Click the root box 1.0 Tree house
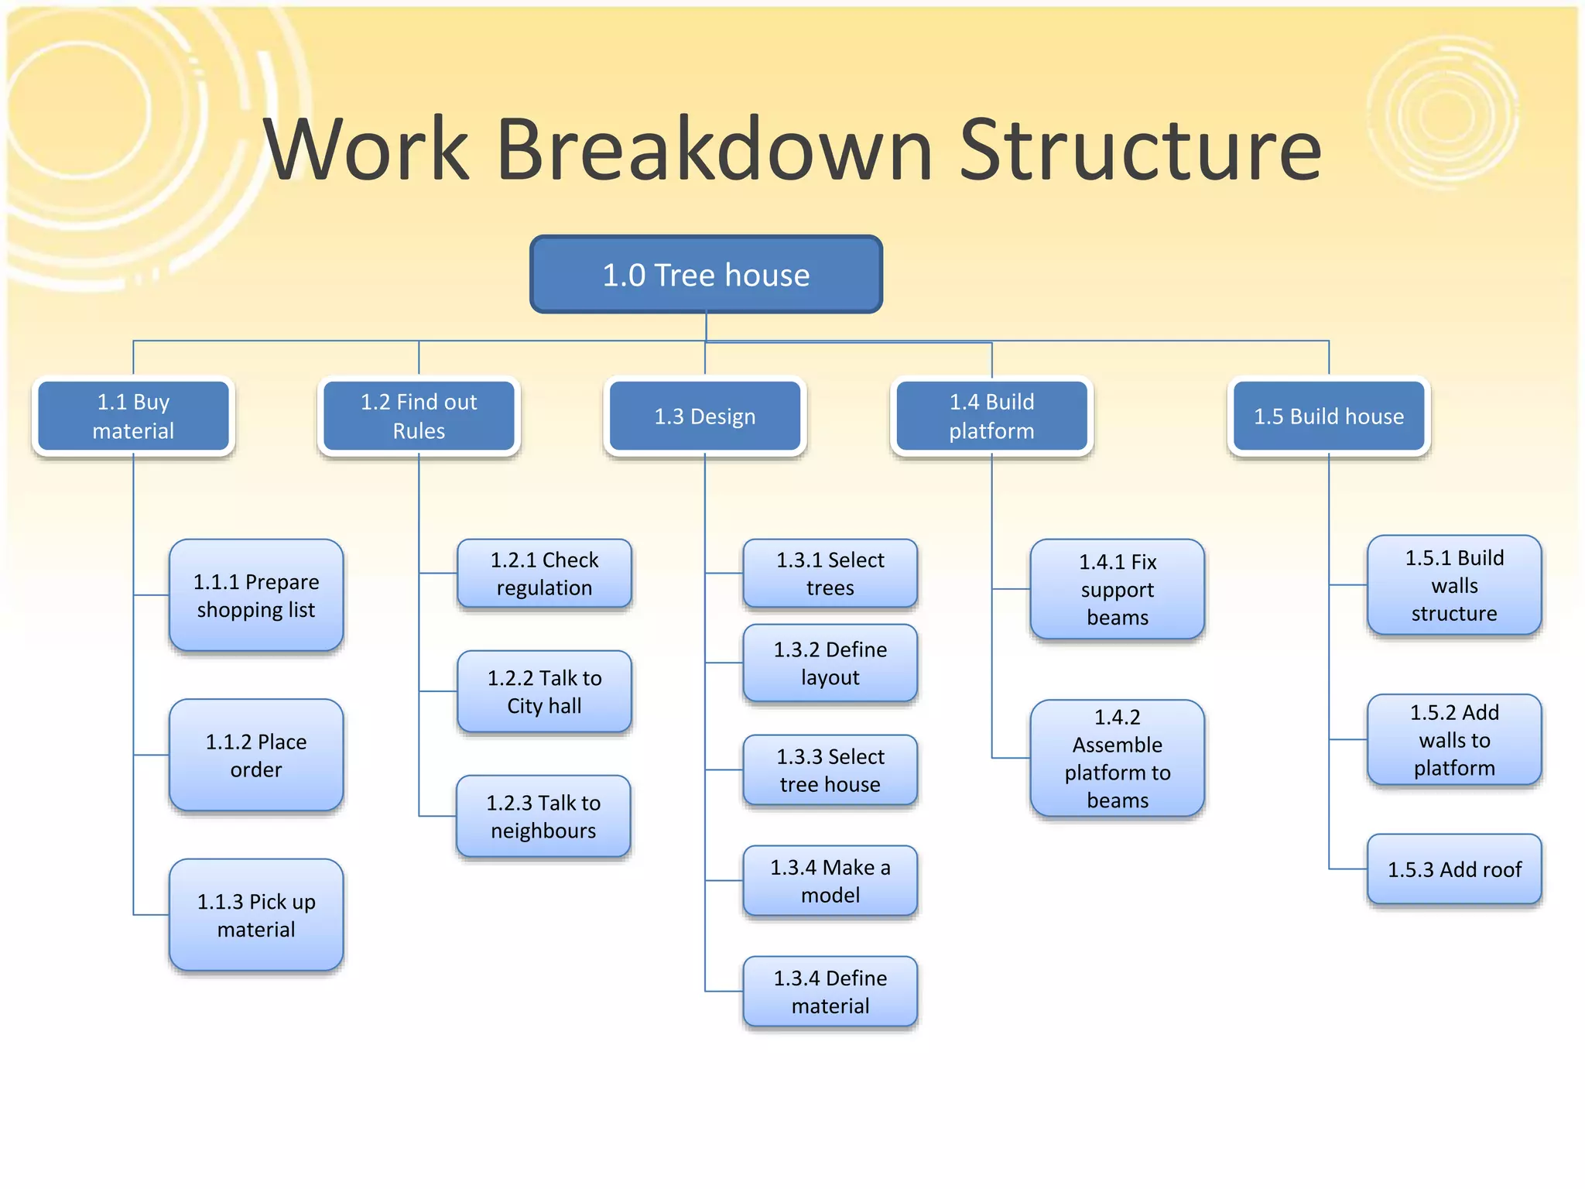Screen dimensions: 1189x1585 [x=706, y=275]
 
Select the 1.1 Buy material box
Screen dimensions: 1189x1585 [x=133, y=416]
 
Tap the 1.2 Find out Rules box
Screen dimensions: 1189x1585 [x=419, y=416]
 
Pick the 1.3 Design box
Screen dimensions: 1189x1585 [x=705, y=416]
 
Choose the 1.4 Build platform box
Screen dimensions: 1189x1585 [x=991, y=416]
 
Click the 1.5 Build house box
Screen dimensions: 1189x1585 [x=1329, y=416]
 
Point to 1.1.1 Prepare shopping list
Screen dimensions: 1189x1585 [x=256, y=595]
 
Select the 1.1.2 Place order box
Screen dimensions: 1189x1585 [x=256, y=756]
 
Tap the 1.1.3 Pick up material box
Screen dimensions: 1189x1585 [x=256, y=915]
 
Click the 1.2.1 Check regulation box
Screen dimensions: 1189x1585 [x=544, y=574]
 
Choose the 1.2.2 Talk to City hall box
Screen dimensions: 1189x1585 [x=544, y=691]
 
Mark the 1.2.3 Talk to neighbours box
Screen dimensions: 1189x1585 [x=543, y=817]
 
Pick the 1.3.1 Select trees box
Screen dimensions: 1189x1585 [x=830, y=574]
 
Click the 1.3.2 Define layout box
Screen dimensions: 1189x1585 [x=830, y=663]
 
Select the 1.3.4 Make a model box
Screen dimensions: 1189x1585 [x=830, y=881]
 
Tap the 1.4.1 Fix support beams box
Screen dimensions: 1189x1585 [x=1118, y=589]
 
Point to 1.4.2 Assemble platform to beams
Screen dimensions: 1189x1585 [x=1118, y=759]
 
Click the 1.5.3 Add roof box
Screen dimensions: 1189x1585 [x=1454, y=869]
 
